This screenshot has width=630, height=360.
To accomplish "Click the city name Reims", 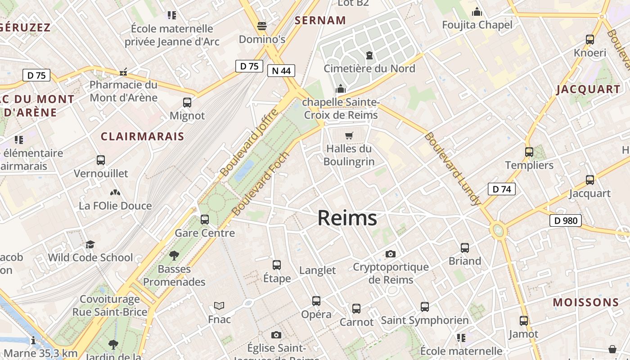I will (347, 218).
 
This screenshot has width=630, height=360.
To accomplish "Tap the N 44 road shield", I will (281, 70).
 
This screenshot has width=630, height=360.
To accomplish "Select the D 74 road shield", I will (502, 189).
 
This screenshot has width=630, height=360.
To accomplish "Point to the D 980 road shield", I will (566, 220).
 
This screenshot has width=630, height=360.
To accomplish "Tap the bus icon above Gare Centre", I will (205, 220).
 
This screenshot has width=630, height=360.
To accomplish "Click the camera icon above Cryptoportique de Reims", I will (391, 254).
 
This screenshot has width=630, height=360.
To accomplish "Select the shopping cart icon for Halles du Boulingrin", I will (349, 135).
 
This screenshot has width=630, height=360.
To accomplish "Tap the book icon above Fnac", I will (219, 306).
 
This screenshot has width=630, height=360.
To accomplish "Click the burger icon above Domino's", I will (262, 26).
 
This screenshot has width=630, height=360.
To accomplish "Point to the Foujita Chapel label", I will (477, 25).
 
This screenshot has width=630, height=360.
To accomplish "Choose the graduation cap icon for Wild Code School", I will (90, 244).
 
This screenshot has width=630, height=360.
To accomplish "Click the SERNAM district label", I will (320, 20).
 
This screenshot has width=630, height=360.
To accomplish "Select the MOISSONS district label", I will (586, 302).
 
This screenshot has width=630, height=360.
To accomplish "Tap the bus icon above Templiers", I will (529, 152).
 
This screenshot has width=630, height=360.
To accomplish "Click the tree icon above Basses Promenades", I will (174, 256).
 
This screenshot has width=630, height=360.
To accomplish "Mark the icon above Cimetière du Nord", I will (369, 55).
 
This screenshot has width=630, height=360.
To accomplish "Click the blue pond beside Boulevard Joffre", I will (243, 170).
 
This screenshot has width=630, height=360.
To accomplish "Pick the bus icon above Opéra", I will (316, 301).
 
